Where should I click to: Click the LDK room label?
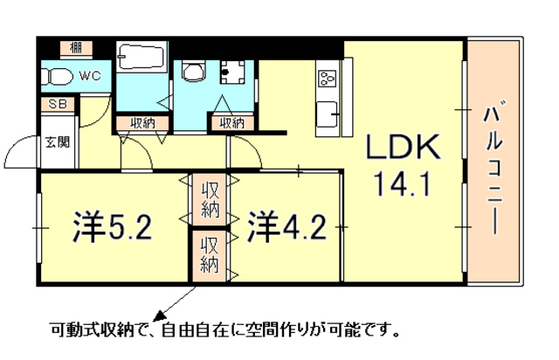point(404,147)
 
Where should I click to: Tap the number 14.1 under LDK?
point(402,183)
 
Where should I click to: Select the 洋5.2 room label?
point(113,227)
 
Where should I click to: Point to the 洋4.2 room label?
point(287,227)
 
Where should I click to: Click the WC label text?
point(90,76)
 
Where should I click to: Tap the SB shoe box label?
point(58,104)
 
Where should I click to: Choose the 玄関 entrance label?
point(58,142)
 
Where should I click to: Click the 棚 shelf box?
point(76,48)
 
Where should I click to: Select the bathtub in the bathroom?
point(141,56)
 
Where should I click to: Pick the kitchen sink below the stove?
point(327,114)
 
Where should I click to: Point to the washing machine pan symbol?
point(232,72)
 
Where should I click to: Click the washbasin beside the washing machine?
point(194,71)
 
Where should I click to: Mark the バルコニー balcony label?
point(493,168)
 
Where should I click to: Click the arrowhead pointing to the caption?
point(159,315)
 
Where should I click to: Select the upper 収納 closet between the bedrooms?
point(210,199)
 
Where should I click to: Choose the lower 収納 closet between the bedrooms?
point(210,255)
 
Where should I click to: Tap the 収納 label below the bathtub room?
point(142,123)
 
